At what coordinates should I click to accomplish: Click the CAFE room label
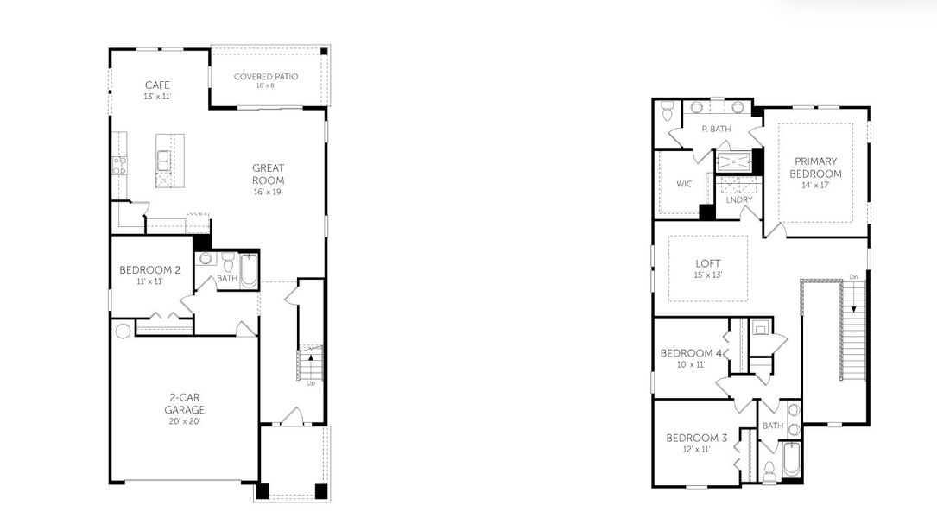point(157,85)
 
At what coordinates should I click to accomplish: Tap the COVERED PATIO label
point(266,76)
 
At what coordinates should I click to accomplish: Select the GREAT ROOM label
point(268,174)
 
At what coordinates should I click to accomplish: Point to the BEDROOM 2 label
point(149,270)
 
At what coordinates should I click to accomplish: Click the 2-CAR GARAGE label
point(186,404)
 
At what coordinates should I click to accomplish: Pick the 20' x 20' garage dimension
point(186,420)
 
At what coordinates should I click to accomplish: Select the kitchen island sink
point(163,160)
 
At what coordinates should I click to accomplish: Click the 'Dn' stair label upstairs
point(853,277)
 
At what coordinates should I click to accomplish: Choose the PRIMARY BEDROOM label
point(817,167)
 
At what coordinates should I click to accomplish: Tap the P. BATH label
point(716,129)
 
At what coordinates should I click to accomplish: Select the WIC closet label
point(684,184)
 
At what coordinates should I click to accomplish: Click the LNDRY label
point(739,200)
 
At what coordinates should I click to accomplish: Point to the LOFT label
point(708,263)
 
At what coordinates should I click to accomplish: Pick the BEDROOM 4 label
point(691,353)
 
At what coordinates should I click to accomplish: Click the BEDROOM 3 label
point(696,438)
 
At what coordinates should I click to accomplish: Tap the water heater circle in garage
point(123,331)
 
